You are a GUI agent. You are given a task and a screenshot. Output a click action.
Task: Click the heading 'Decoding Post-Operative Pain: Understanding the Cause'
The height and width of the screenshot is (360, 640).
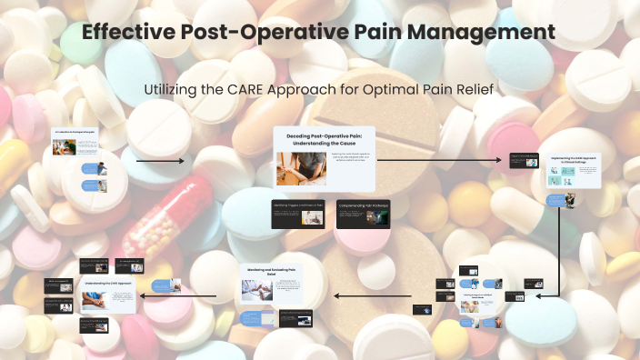[324, 139]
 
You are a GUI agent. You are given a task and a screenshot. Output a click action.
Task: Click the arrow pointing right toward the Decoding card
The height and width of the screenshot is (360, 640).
[160, 161]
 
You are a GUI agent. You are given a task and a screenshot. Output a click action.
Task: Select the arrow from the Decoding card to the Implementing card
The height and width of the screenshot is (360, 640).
[440, 160]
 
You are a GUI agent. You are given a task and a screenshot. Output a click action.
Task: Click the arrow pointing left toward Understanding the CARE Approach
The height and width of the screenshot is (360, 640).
[178, 295]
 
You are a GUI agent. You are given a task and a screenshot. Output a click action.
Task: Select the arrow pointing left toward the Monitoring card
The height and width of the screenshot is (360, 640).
[373, 295]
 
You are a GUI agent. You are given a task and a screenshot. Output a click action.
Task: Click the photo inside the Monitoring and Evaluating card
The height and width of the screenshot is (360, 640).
[257, 289]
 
